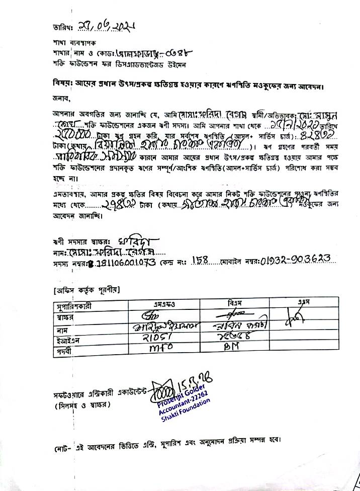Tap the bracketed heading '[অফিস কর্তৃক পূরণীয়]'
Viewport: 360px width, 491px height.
click(x=86, y=290)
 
